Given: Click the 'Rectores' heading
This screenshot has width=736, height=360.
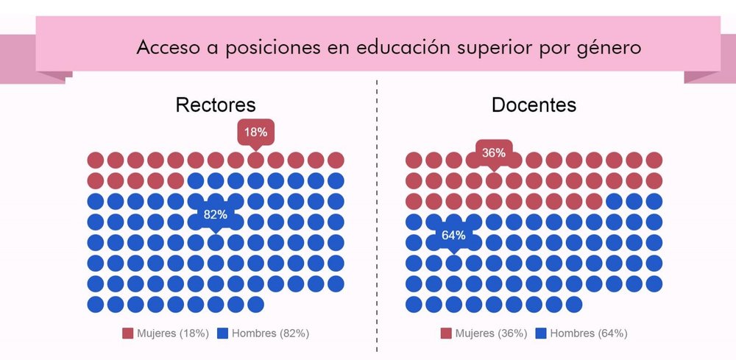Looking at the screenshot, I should click(x=215, y=105).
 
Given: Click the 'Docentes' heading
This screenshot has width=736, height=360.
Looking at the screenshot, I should click(x=534, y=105).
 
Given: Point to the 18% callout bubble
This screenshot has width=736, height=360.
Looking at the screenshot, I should click(x=255, y=133).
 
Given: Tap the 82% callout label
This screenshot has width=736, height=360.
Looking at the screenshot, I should click(x=216, y=215).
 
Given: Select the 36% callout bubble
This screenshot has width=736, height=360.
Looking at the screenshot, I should click(x=494, y=153).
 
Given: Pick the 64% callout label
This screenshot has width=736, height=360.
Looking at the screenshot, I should click(x=453, y=236).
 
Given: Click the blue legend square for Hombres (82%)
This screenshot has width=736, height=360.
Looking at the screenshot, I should click(x=223, y=333).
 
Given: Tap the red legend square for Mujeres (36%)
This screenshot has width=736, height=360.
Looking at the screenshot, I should click(x=446, y=333).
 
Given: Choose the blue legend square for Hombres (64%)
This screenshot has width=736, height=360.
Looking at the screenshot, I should click(x=542, y=333).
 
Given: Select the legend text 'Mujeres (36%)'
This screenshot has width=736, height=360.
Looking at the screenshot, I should click(x=491, y=333).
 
